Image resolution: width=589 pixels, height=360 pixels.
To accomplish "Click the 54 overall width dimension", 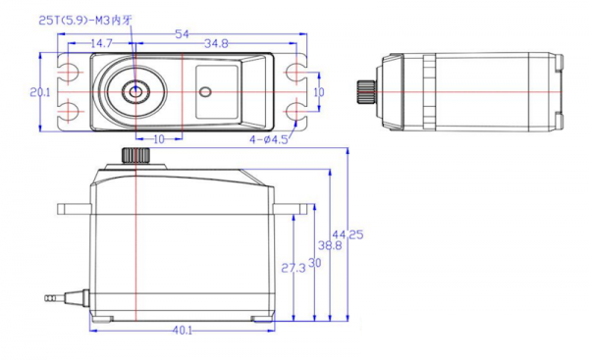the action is [x=183, y=34].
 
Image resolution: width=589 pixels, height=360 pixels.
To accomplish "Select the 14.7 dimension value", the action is [x=101, y=43].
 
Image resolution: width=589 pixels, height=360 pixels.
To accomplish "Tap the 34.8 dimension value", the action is [x=216, y=44].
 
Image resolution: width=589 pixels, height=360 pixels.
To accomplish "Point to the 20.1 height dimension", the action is [x=40, y=92].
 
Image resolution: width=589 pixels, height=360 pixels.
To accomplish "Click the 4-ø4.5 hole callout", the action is [x=269, y=139].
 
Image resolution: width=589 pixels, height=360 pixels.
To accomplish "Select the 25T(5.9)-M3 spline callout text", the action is [x=85, y=21].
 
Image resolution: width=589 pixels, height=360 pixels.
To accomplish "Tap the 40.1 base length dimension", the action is [x=183, y=331].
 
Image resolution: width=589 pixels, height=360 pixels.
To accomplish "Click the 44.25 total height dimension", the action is [x=348, y=234].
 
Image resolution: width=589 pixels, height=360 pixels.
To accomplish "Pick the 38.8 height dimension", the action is [x=330, y=246].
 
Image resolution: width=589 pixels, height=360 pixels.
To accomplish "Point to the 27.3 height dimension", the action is [x=294, y=268].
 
